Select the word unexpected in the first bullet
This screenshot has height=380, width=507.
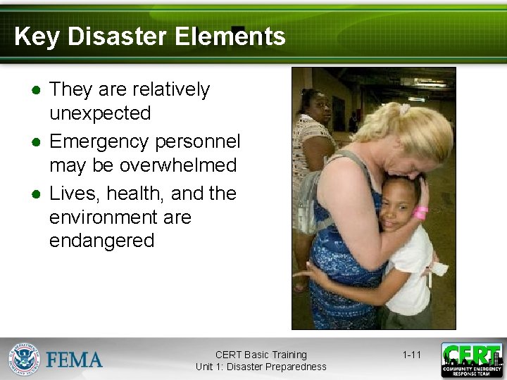coord(100,113)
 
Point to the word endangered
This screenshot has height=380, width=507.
coord(101,241)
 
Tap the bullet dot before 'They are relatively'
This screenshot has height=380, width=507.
coord(34,91)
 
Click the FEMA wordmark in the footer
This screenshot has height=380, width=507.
coord(75,360)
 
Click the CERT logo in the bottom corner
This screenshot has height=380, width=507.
coord(472,360)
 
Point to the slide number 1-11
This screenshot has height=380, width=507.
coord(411,355)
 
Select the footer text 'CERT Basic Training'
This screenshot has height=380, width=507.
coord(261,355)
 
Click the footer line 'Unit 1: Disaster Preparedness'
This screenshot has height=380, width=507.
coord(261,367)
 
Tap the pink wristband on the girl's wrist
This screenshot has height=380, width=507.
coord(421,213)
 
